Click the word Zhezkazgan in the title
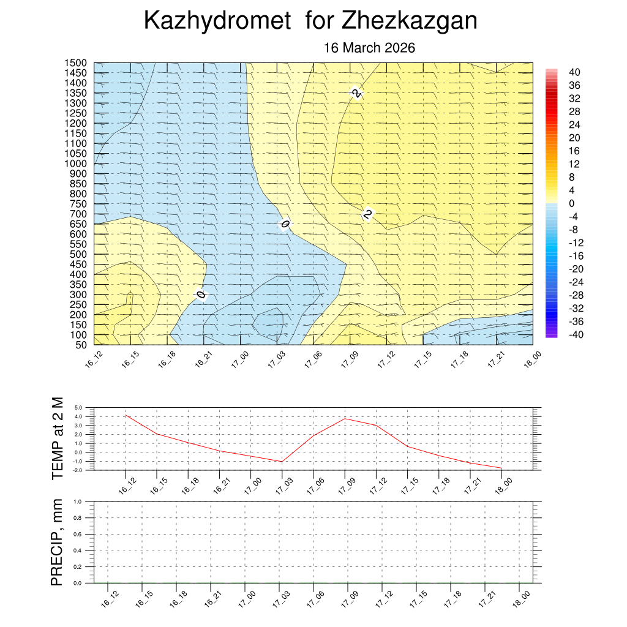pos(409,21)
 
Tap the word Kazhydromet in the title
pos(217,21)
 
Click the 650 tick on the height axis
pos(78,224)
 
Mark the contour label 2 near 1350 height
pos(356,92)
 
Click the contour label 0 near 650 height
pos(285,224)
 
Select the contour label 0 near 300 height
pos(201,295)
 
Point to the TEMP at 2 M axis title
pos(58,438)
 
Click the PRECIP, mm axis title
pos(58,541)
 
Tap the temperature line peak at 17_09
pos(345,418)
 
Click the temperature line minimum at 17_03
pos(282,462)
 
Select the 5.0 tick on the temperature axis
pos(78,407)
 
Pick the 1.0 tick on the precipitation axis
pos(78,501)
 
